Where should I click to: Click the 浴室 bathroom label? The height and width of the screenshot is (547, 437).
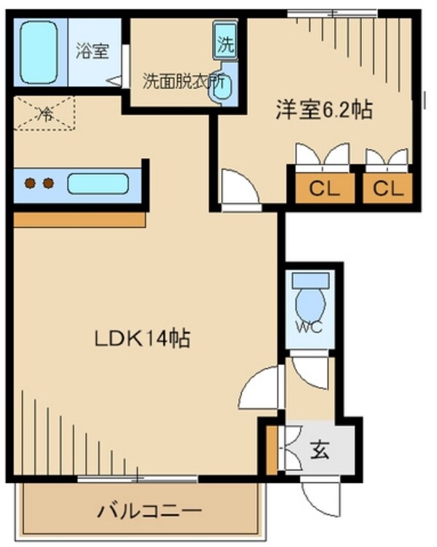click(92, 52)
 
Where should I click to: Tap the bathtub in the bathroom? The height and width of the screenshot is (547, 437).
click(39, 52)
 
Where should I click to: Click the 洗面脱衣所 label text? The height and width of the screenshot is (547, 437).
click(182, 81)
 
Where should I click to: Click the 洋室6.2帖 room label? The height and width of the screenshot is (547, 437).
click(323, 110)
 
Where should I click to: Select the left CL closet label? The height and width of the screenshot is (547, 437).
click(321, 188)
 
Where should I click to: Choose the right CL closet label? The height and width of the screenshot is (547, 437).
click(387, 188)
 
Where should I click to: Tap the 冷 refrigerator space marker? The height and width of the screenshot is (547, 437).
click(44, 114)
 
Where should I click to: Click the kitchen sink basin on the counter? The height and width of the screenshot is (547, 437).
click(98, 183)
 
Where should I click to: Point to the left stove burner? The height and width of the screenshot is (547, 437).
click(31, 184)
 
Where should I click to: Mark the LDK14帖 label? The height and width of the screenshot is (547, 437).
click(142, 338)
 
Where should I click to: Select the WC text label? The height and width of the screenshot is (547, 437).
click(309, 326)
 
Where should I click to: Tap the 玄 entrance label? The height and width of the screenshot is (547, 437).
click(320, 450)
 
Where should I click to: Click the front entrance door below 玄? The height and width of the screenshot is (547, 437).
click(320, 495)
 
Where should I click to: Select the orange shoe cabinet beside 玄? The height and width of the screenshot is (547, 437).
click(271, 450)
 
